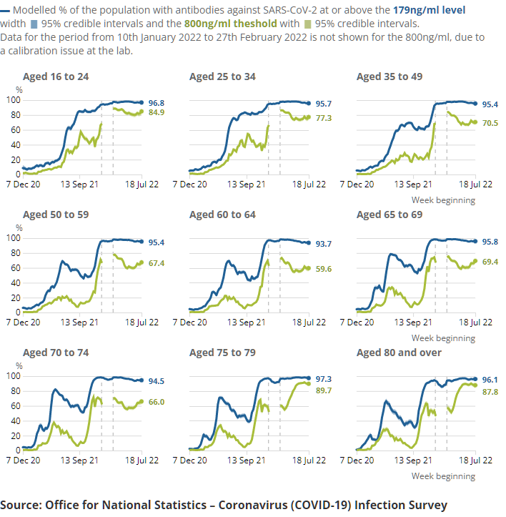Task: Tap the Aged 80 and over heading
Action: point(399,353)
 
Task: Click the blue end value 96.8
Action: point(157,103)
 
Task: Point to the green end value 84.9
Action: point(157,112)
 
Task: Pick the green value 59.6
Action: point(324,269)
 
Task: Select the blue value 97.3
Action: point(324,378)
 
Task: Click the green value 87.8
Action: point(490,392)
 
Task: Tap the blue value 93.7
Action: point(324,244)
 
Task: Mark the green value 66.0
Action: point(157,403)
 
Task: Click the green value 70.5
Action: point(490,123)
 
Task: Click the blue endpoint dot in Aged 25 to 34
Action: point(309,104)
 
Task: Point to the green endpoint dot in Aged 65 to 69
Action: point(475,261)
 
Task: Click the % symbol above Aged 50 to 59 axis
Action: point(19,228)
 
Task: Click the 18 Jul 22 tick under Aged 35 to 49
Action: point(475,184)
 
